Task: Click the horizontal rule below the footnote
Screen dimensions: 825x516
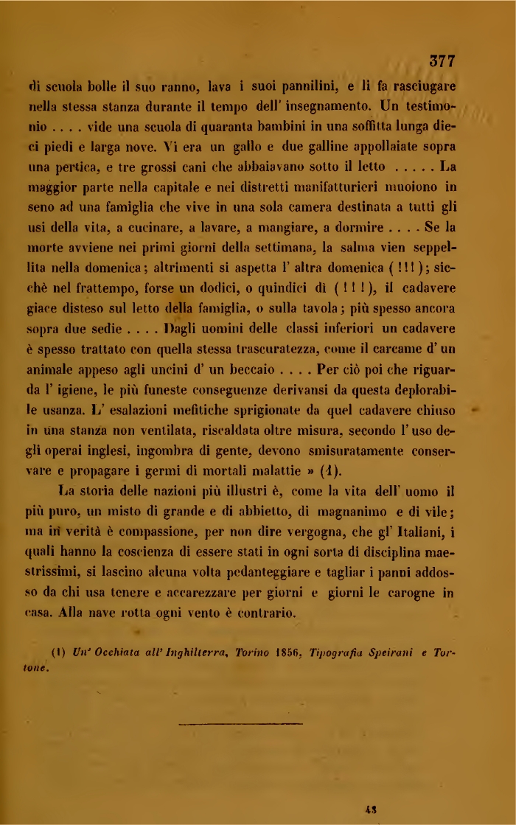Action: tap(240, 725)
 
